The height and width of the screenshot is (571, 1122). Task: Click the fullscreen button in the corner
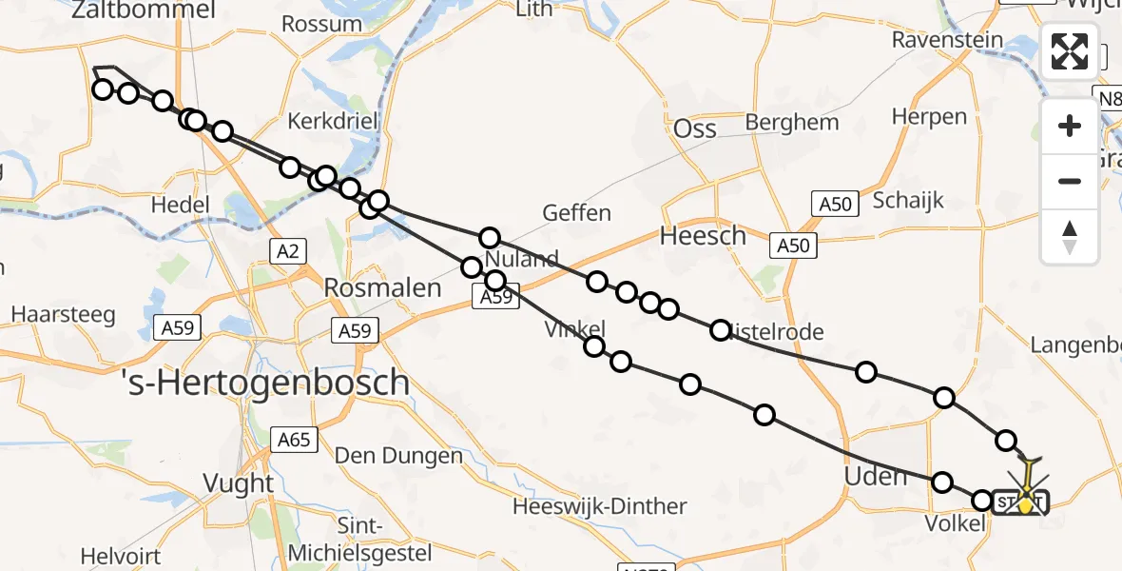(1070, 51)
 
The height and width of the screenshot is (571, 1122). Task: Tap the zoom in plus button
(1070, 126)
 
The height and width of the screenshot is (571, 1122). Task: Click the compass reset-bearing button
(1070, 237)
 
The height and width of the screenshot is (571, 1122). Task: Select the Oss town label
(694, 129)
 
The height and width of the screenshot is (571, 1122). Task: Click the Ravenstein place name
(948, 40)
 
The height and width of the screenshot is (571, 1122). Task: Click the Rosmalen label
(383, 286)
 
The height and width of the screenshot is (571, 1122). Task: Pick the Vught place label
(239, 483)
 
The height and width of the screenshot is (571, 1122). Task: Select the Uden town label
(876, 476)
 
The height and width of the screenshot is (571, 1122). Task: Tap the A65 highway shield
(294, 440)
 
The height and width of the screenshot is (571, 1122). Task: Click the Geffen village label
(576, 212)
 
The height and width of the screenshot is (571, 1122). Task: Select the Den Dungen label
(399, 456)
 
